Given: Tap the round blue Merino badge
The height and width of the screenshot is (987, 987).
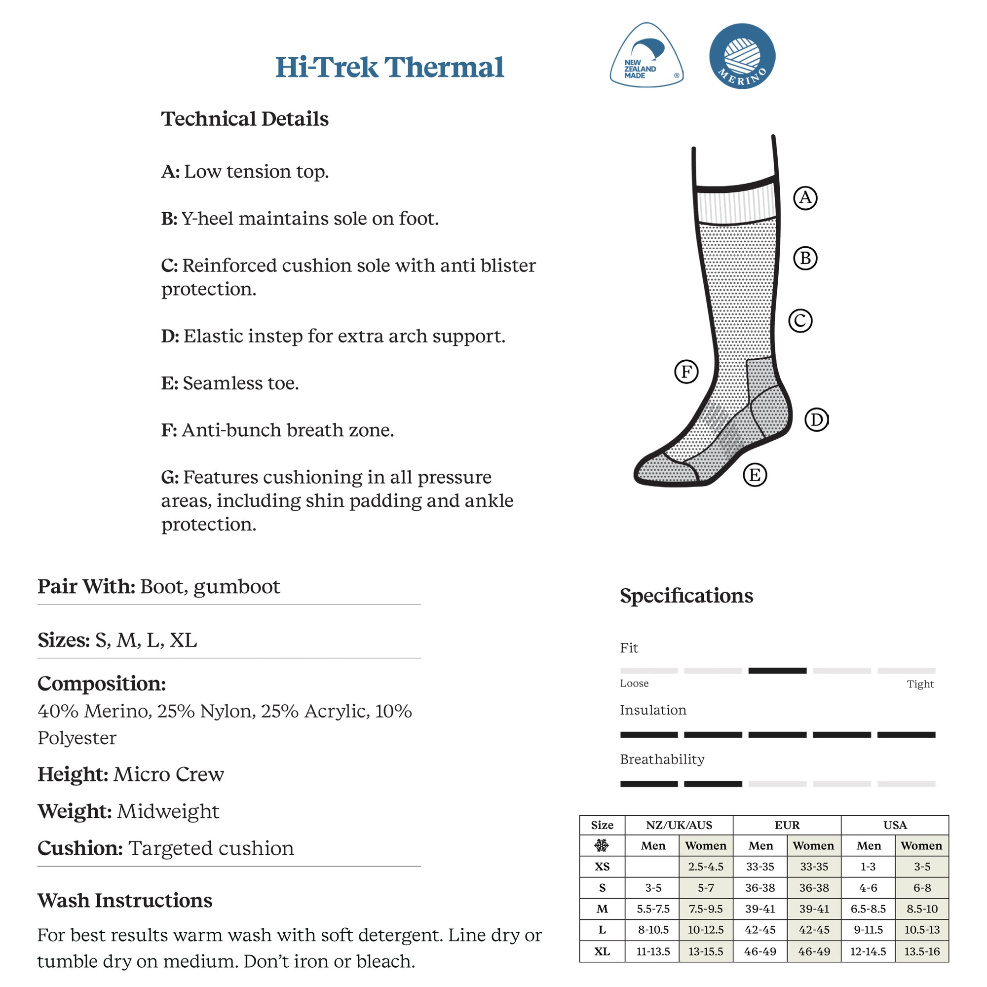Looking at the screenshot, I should coord(742,56).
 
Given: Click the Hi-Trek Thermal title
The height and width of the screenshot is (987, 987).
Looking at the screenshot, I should coord(389,68).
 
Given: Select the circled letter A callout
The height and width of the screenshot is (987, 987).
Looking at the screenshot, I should coord(805,198).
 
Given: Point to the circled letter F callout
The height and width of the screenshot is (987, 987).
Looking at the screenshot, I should coord(686,372).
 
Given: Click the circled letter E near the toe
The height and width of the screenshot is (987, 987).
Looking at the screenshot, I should coord(755,475).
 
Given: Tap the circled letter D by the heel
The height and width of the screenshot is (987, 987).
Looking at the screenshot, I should coord(816,419).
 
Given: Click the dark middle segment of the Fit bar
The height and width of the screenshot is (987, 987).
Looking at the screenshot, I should coord(777,671).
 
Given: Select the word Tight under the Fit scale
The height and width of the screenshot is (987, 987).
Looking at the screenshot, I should coord(919,684).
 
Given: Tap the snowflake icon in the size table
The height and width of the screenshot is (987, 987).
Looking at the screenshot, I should coord(602,845).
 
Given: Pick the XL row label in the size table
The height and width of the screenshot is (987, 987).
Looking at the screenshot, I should coord(602,951).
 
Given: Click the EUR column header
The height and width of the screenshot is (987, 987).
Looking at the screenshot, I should coord(787,825).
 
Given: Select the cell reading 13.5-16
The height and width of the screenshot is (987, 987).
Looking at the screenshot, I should coord(921,951).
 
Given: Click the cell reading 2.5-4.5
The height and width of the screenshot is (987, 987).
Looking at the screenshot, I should coord(706,867).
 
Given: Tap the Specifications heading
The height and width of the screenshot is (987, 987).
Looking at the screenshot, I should coord(686,596).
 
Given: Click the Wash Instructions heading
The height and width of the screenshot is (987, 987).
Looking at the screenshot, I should coord(125,901).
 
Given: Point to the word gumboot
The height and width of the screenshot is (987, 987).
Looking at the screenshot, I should coord(236,586).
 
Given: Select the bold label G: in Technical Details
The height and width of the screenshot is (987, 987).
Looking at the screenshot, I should coord(170,477).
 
